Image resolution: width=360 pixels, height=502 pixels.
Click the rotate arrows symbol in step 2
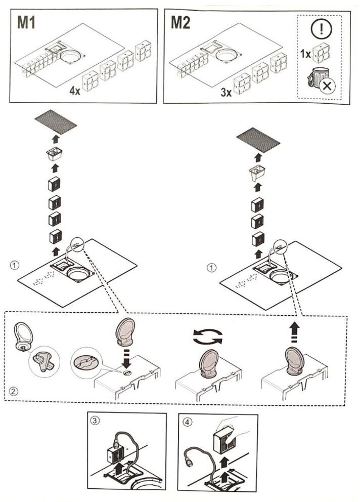tap(206, 336)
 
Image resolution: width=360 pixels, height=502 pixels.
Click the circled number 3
tap(95, 420)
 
